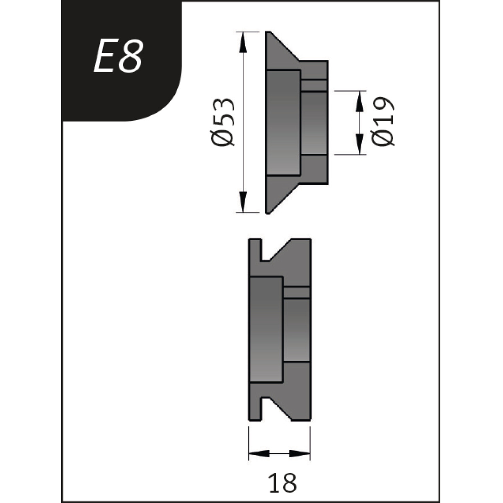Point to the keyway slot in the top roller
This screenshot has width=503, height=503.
coord(314,85)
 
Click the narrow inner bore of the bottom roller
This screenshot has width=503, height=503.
coord(297,329)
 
